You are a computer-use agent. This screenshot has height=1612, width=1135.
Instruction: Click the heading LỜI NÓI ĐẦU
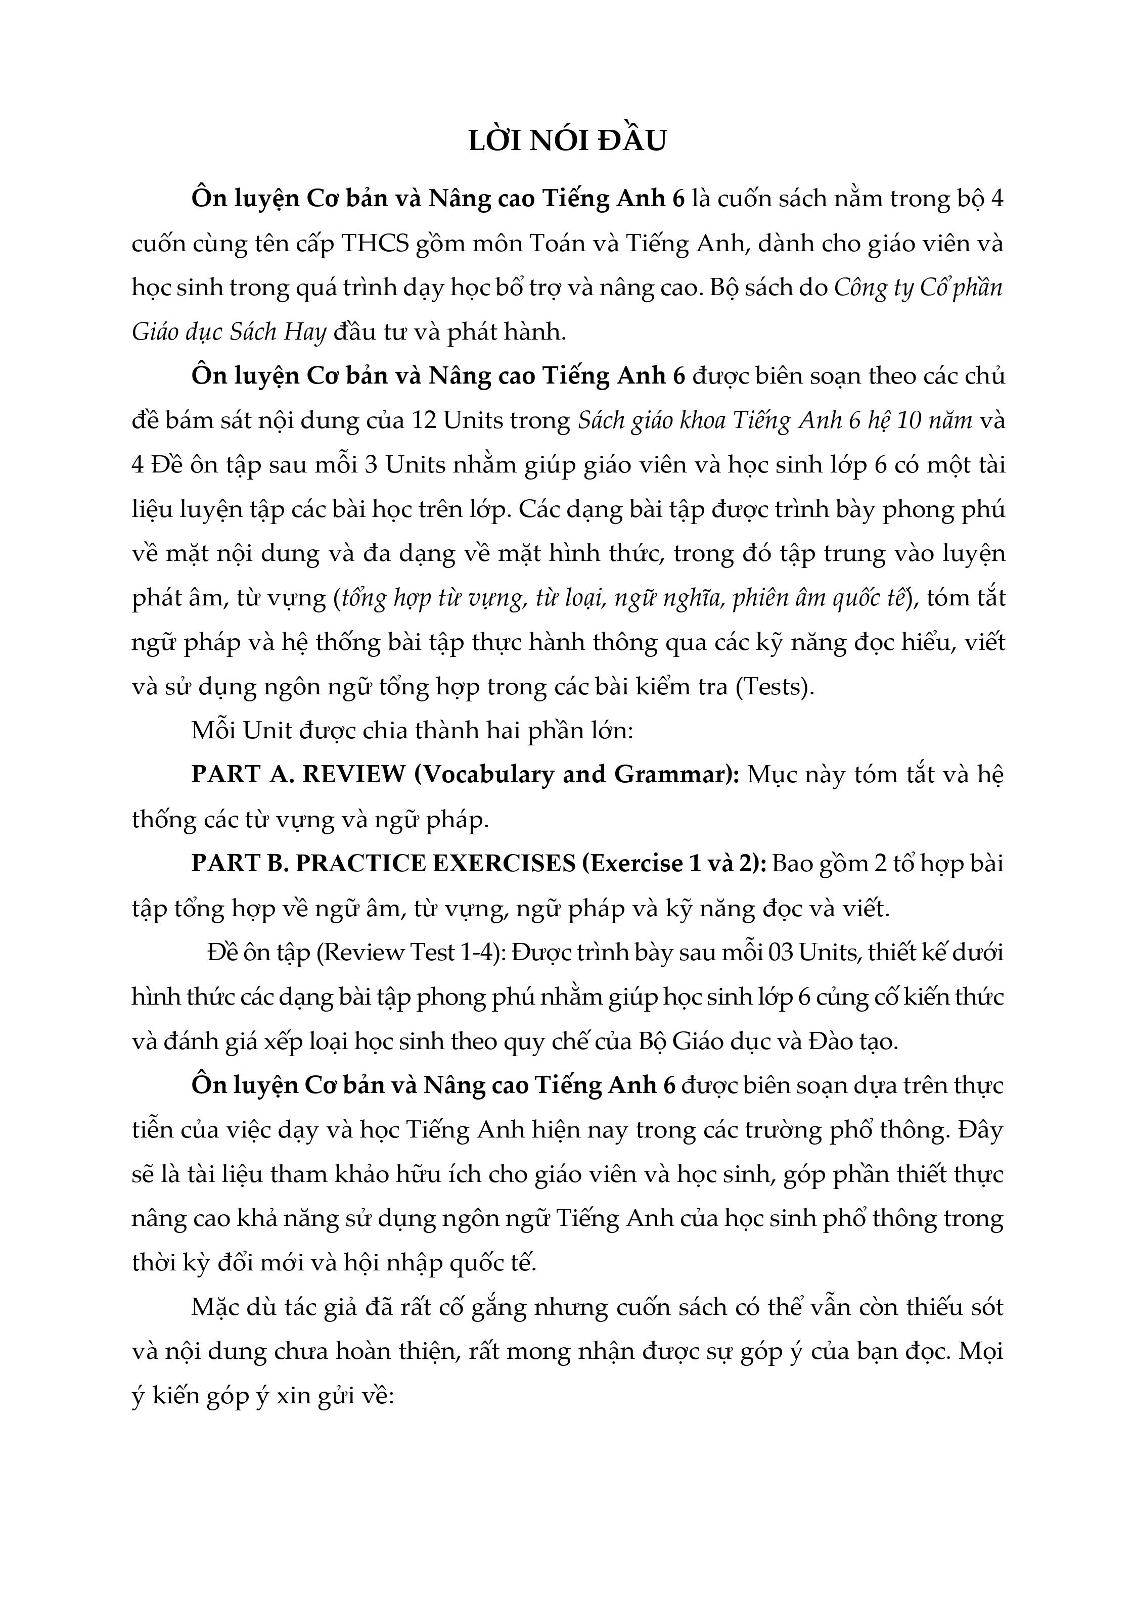tap(567, 142)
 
